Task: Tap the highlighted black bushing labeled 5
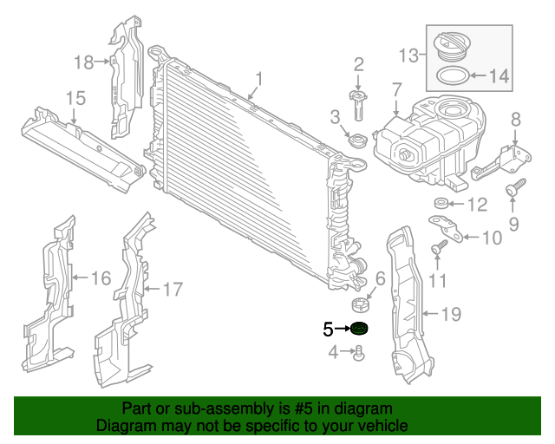click(x=358, y=329)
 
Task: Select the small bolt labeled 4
click(x=359, y=352)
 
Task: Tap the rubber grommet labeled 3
click(x=354, y=139)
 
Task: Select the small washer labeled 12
click(x=440, y=205)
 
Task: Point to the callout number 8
click(x=516, y=119)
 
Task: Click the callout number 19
click(x=450, y=314)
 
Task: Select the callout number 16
click(x=101, y=278)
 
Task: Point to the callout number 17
click(x=173, y=289)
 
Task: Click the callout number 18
click(x=83, y=62)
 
